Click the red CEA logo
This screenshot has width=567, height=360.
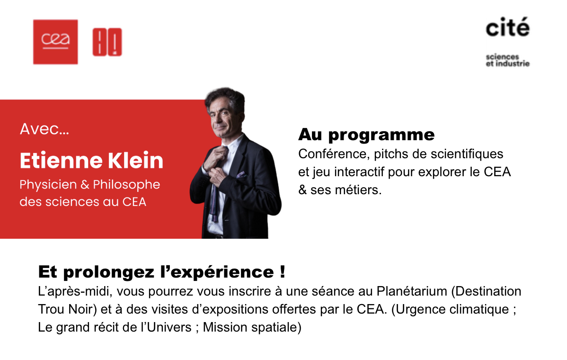pos(55,42)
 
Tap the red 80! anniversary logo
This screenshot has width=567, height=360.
pos(107,42)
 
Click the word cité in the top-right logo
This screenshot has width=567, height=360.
pos(507,27)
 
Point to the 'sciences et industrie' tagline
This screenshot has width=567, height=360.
pos(507,60)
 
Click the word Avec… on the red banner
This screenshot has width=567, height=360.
pos(44,129)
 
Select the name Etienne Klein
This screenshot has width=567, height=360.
pos(91,160)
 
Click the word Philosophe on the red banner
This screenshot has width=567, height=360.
pos(126,185)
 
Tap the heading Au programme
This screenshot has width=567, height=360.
pos(366,135)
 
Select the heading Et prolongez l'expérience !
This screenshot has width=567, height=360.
pos(162,272)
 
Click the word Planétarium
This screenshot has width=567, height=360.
pos(412,291)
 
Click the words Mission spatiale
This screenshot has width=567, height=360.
pos(252,327)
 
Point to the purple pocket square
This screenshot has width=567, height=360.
pos(241,175)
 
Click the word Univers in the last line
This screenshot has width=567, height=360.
pos(169,327)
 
